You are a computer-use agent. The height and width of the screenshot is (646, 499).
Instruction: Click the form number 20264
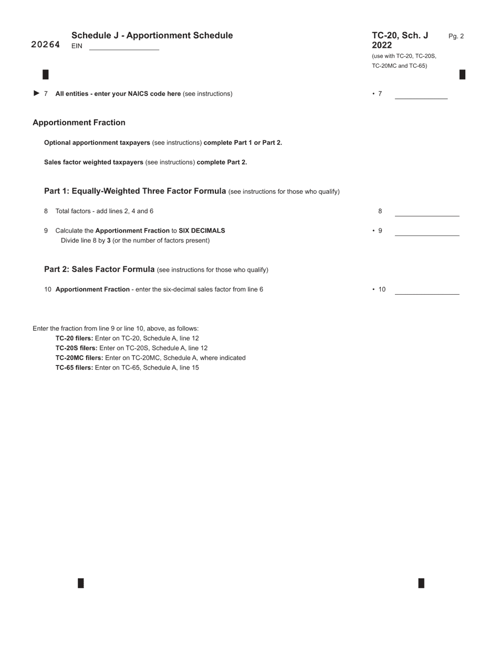coord(46,45)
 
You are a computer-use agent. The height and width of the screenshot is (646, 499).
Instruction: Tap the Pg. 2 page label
coord(456,36)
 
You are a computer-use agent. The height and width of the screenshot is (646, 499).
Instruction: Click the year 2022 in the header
coord(382,45)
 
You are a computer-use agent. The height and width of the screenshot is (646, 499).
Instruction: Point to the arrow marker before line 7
coord(36,93)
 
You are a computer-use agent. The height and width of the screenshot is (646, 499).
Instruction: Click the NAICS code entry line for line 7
coord(421,95)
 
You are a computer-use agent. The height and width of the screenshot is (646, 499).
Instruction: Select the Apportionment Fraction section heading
coord(79,122)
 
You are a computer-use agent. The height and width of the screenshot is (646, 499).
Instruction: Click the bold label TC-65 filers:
coord(75,368)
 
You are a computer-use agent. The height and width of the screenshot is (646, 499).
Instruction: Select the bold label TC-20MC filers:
coord(79,358)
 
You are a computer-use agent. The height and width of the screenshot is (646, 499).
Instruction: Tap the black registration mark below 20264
coord(46,75)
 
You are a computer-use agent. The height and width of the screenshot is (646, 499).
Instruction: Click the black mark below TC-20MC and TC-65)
coord(462,75)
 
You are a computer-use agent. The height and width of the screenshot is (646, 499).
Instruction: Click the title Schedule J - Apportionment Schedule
coord(152,35)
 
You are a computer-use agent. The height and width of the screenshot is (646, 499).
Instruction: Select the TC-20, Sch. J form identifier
coord(400,35)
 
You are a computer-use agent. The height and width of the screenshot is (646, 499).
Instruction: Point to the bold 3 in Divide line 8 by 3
coord(109,241)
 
